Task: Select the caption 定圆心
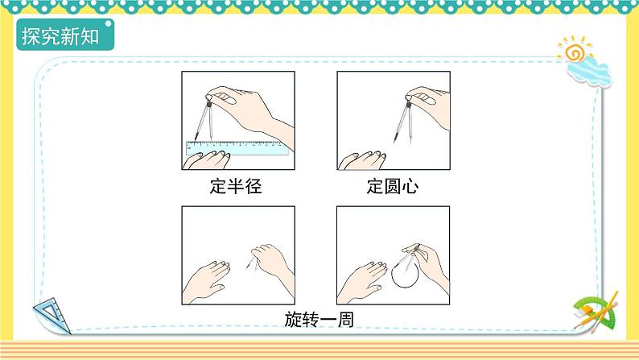(392, 188)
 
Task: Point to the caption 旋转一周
(319, 319)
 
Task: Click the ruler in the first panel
(237, 147)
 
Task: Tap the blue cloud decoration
(592, 72)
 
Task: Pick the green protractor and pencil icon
(596, 309)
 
